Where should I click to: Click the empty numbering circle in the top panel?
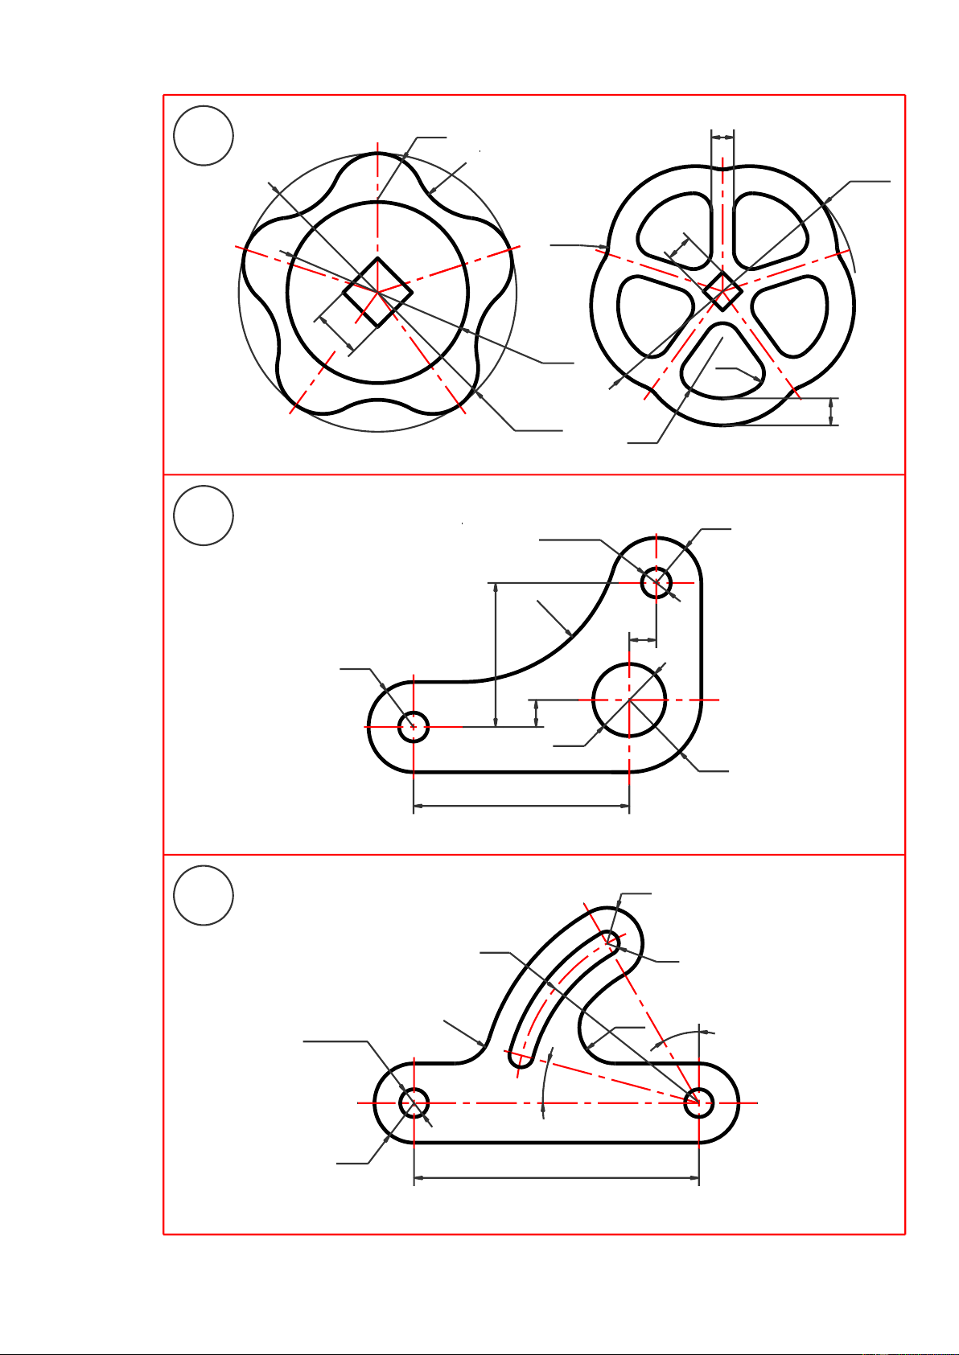click(x=204, y=135)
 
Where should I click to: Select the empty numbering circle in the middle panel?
click(x=204, y=515)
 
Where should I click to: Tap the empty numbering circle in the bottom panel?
click(x=204, y=895)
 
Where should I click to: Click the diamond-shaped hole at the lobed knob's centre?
click(x=377, y=292)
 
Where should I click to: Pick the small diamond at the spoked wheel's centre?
click(x=722, y=291)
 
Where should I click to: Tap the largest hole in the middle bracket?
click(x=629, y=700)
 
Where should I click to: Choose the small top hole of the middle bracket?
click(x=656, y=582)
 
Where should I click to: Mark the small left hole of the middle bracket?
click(x=414, y=727)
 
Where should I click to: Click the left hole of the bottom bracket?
click(x=414, y=1102)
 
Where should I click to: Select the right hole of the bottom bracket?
click(x=698, y=1102)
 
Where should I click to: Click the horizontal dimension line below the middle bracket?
click(x=521, y=804)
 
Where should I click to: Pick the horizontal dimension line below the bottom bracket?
click(x=556, y=1178)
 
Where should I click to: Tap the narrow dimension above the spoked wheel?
click(x=722, y=138)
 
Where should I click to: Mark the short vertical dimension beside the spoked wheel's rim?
click(x=831, y=411)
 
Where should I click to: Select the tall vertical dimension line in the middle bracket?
click(x=496, y=654)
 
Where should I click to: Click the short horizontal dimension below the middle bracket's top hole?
click(x=643, y=640)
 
